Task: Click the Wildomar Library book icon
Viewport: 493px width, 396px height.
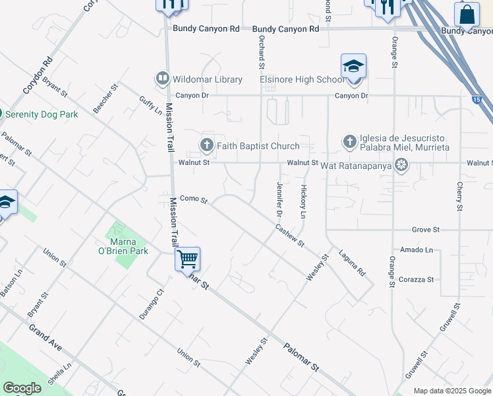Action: tap(161, 79)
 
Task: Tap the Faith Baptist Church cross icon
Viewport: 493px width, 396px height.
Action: tap(206, 145)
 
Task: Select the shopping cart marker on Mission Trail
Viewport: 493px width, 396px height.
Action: tap(188, 258)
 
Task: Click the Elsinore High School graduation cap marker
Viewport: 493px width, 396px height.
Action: tap(353, 67)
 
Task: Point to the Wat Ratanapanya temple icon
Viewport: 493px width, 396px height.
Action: tap(400, 163)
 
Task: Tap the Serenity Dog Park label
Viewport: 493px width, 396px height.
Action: tap(42, 114)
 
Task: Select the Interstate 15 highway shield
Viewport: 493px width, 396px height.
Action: tap(477, 100)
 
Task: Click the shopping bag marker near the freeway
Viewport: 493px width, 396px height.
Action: tap(467, 14)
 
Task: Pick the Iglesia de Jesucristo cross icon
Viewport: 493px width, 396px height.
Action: tap(349, 141)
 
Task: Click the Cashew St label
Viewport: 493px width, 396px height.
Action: tap(290, 235)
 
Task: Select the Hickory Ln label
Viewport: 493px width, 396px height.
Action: tap(303, 202)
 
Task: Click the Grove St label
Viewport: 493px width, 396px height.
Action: tap(426, 230)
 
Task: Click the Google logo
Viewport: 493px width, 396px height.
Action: tap(22, 388)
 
